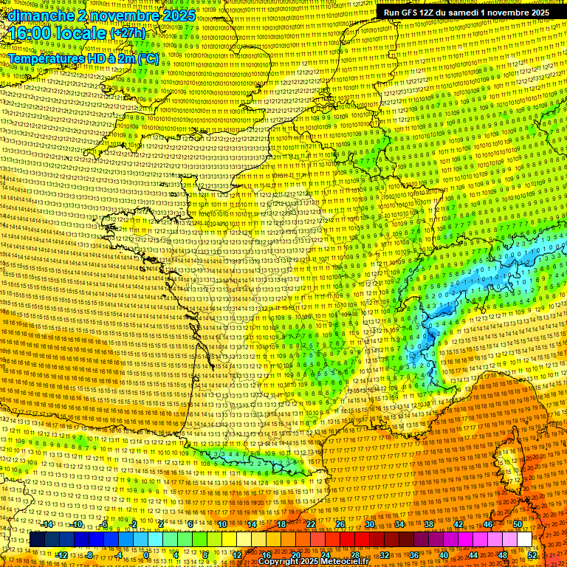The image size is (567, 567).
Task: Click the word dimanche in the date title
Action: click(41, 16)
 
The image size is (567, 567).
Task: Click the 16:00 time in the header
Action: click(30, 34)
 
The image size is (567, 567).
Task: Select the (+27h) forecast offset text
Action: click(128, 34)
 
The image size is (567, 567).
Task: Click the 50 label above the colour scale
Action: click(517, 524)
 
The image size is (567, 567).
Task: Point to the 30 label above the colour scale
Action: click(369, 524)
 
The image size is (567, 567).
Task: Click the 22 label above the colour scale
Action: click(311, 524)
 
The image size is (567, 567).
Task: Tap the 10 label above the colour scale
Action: click(221, 524)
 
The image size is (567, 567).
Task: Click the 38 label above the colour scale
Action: click(428, 524)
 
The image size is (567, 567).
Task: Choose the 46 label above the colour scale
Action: click(487, 524)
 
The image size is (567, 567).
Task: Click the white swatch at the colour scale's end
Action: click(524, 540)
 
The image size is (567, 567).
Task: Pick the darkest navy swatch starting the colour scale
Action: click(37, 540)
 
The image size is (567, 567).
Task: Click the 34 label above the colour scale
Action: click(399, 524)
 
